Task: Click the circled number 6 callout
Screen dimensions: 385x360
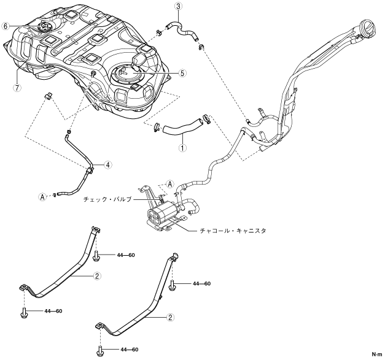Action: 6,26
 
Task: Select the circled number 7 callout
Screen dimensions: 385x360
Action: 17,88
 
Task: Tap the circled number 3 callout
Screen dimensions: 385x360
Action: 178,7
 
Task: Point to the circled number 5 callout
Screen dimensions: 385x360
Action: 182,73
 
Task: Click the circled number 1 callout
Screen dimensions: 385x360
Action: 182,148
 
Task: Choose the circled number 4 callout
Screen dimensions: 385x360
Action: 108,165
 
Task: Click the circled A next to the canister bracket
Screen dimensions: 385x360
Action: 170,184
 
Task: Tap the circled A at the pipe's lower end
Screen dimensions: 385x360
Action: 42,196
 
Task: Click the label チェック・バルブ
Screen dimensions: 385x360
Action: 107,199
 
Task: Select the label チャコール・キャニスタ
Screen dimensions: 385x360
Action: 233,231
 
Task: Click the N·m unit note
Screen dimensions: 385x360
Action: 377,354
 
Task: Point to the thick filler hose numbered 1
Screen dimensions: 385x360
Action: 183,127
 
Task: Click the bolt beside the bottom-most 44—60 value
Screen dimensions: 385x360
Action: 99,350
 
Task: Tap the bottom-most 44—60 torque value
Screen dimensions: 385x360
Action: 130,349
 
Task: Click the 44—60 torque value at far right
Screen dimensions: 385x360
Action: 202,283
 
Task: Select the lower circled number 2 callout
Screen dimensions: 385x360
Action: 170,317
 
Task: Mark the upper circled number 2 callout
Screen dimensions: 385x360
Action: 97,276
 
